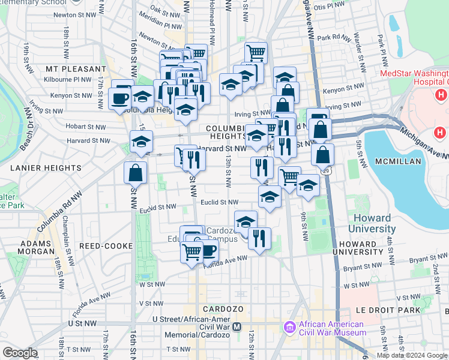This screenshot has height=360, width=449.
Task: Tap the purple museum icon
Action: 290,327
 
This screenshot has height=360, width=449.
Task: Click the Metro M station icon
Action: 237,327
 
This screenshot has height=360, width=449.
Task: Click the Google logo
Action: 20,353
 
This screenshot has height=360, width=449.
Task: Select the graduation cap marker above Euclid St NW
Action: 270,197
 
